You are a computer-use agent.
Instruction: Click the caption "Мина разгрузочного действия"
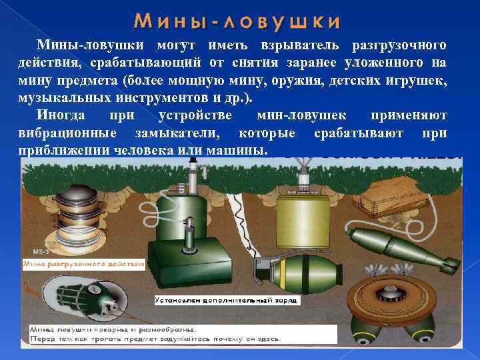pyautogui.click(x=83, y=265)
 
